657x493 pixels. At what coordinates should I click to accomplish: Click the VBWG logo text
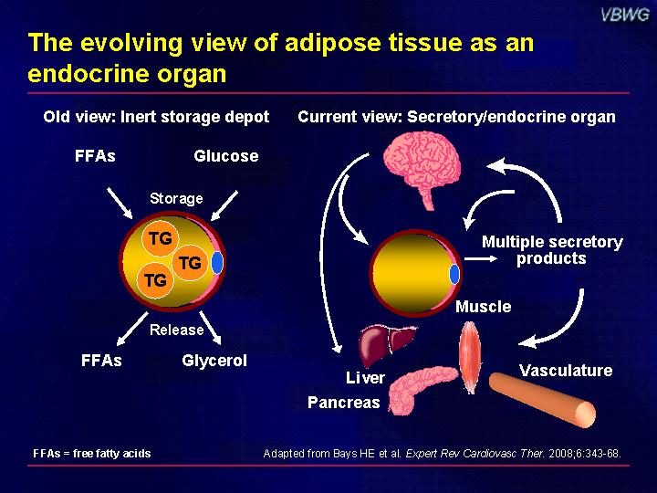coord(624,15)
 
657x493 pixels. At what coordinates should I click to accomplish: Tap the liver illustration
coord(386,344)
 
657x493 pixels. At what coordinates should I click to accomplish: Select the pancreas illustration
coord(419,389)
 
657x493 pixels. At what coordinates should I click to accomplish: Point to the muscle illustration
coord(470,357)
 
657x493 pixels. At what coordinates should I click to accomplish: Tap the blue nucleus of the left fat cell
coord(217,262)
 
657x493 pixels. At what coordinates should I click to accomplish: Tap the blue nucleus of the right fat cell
coord(454,274)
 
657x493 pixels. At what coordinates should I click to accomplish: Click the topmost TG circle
coord(161,238)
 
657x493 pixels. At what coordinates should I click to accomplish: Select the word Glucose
coord(226,156)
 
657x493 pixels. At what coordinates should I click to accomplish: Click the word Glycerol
coord(214,361)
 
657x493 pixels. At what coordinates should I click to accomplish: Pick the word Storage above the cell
coord(176,198)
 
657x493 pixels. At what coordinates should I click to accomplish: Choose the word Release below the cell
coord(176,330)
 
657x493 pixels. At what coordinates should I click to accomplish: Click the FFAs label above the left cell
coord(95,156)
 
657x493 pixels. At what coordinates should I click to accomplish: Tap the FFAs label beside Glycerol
coord(101,361)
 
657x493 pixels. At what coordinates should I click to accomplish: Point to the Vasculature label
coord(566,371)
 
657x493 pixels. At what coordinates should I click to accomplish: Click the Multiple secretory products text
coord(552,250)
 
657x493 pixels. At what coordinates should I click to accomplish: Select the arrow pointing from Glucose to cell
coord(224,205)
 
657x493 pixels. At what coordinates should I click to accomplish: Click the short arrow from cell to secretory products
coord(481,258)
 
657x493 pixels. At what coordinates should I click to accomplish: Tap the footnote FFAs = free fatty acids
coord(92,453)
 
